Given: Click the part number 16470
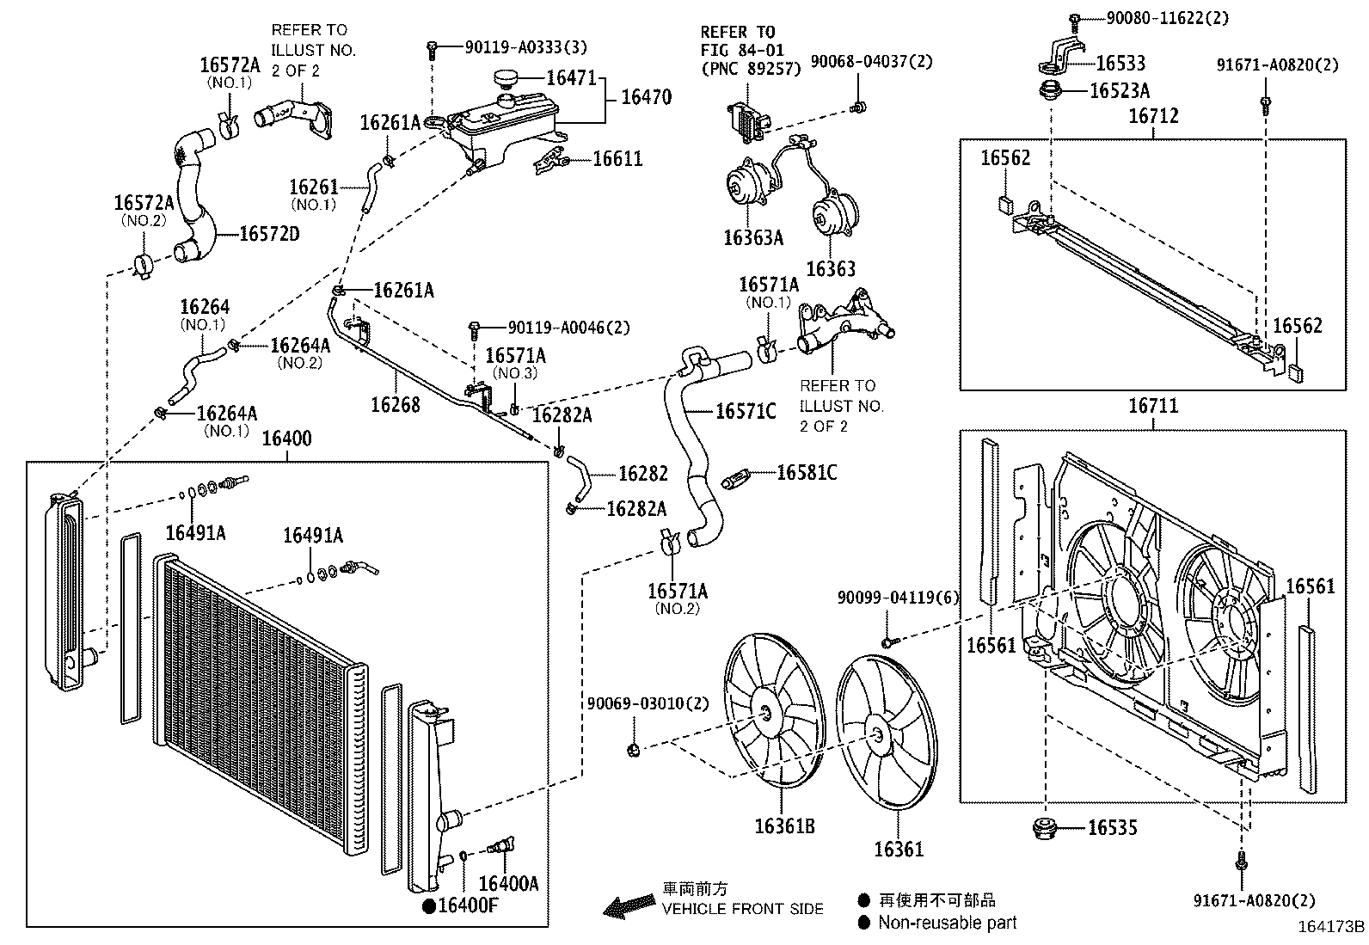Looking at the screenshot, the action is pos(646,96).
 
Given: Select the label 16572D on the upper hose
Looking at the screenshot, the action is pos(269,234).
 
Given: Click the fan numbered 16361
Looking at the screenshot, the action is pos(887,733).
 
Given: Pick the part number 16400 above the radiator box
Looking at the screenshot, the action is pos(286,439).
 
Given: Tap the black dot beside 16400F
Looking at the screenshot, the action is pos(429,906).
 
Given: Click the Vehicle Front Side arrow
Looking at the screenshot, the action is pos(629,906).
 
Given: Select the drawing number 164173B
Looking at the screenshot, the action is pos(1330,927).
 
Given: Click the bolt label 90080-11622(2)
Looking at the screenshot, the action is pos(1167,18).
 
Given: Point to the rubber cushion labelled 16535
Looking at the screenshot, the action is pos(1045,828).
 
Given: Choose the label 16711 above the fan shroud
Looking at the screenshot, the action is pos(1152,405).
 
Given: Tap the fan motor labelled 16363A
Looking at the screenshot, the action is pos(748,184).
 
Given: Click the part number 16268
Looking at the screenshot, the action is pos(396,405).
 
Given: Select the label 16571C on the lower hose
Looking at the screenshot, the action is pos(746,411).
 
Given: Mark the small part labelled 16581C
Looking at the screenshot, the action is pos(736,478).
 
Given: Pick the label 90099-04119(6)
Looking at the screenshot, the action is pos(898,598).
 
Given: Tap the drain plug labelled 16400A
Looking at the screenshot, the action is pos(501,845).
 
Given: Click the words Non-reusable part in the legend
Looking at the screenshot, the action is pos(948,923).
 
